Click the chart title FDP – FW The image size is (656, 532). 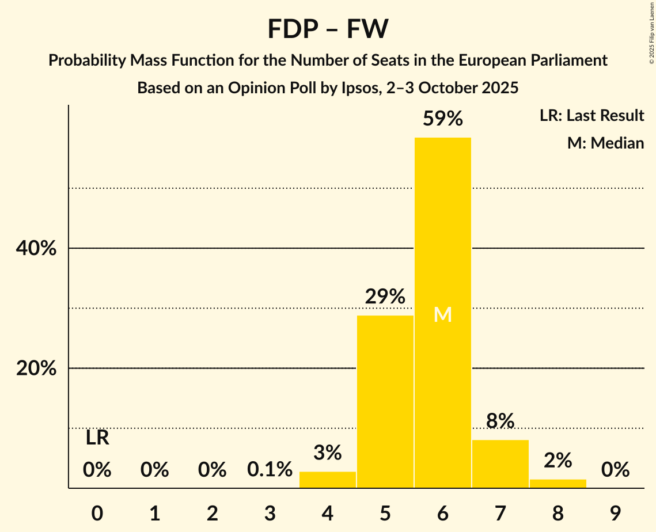click(328, 29)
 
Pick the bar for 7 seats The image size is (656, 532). click(500, 463)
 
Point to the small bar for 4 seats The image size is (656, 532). click(328, 480)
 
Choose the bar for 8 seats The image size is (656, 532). click(558, 484)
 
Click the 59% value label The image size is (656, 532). click(442, 119)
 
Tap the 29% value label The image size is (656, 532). click(385, 297)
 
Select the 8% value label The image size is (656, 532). click(500, 421)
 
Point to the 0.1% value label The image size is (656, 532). click(270, 470)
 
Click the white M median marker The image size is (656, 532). click(442, 314)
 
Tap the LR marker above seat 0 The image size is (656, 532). click(97, 438)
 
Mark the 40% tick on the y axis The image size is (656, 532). click(36, 249)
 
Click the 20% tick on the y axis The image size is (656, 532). click(36, 368)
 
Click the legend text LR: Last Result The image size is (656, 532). click(591, 116)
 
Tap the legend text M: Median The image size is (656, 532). click(605, 143)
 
